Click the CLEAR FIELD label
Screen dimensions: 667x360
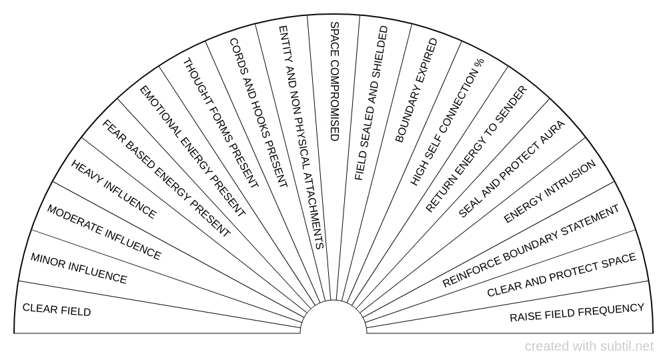point(57,310)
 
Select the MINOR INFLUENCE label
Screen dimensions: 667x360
point(79,268)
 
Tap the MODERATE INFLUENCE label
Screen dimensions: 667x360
point(104,233)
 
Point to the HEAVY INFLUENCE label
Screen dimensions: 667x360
point(113,189)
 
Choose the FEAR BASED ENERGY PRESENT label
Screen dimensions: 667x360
point(166,179)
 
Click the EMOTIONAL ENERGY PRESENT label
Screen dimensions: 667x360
point(193,151)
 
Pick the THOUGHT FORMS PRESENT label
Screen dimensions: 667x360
point(220,123)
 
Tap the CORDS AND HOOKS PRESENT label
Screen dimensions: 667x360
point(258,113)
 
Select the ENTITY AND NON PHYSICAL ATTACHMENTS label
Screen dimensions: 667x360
point(301,137)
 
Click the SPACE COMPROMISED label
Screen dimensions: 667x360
point(335,81)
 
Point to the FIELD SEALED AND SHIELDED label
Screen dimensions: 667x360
point(372,103)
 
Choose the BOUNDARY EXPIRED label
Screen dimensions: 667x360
point(416,91)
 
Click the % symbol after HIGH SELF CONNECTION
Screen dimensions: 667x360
point(479,63)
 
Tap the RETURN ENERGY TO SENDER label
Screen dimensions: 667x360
point(476,149)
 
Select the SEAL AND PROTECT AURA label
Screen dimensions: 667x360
point(512,169)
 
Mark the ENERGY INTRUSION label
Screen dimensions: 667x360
point(550,192)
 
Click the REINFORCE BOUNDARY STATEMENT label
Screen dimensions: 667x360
point(531,246)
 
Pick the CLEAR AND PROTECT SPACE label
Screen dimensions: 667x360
point(562,274)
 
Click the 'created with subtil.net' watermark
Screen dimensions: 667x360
point(589,347)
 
